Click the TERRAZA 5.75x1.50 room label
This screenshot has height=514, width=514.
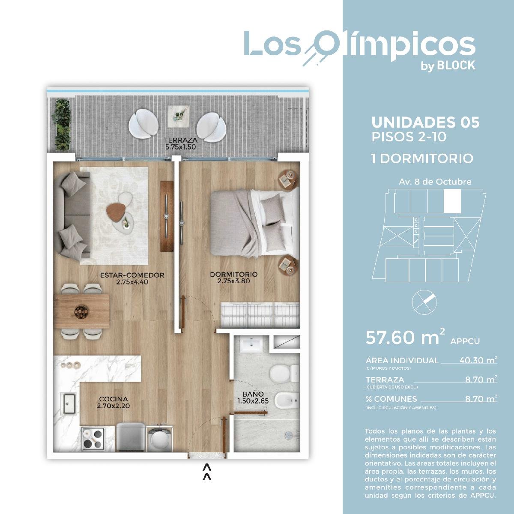(181, 143)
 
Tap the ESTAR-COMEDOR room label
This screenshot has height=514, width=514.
(132, 278)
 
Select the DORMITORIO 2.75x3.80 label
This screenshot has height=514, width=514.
(234, 278)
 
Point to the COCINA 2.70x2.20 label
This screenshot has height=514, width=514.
(114, 403)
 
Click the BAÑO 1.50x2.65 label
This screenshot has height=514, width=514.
(253, 397)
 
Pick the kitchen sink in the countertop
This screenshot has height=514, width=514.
(68, 403)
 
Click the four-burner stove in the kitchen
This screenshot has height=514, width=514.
(93, 439)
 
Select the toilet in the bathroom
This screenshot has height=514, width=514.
(284, 373)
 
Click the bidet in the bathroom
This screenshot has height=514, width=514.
(287, 400)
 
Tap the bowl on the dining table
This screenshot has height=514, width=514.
(81, 312)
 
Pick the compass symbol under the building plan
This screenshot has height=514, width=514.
(424, 302)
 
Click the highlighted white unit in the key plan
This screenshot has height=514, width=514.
(452, 201)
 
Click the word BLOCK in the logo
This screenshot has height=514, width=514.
(456, 66)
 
